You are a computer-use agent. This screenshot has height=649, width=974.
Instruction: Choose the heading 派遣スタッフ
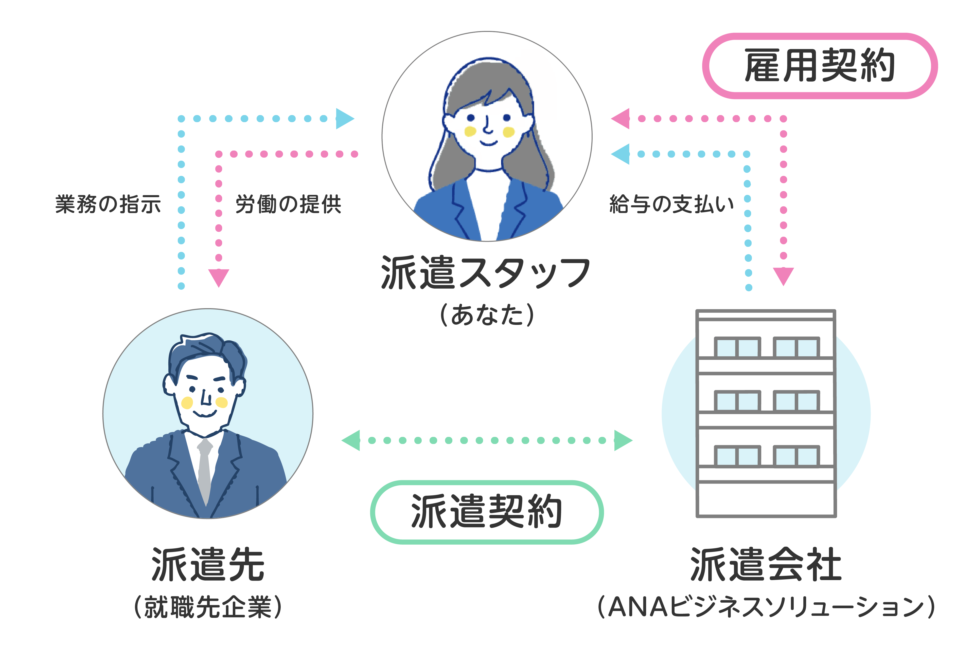tap(485, 272)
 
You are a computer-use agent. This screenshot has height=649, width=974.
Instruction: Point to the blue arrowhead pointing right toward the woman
tap(345, 119)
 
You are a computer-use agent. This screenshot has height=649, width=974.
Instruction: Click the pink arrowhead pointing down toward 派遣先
tap(219, 277)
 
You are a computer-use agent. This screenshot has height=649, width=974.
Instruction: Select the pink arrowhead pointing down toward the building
tap(784, 276)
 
